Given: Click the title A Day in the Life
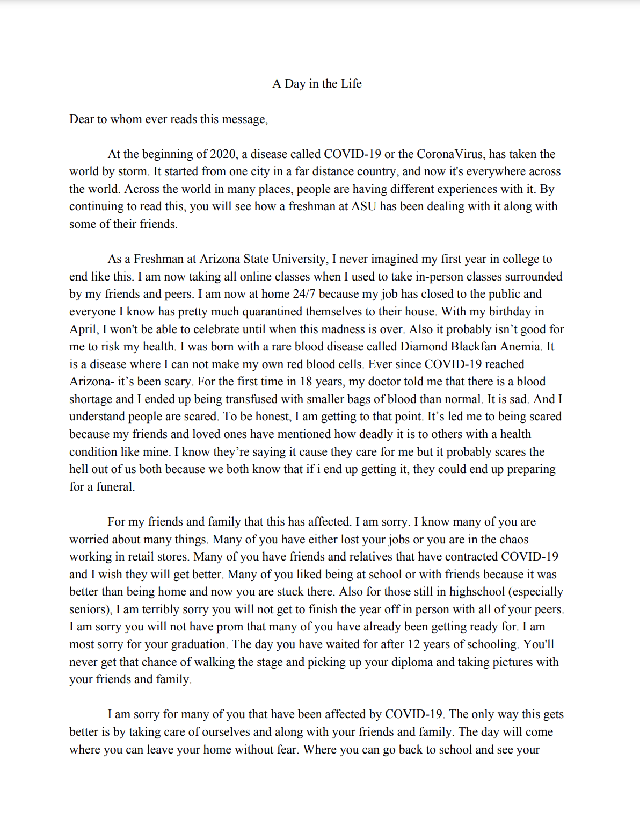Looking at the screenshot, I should coord(317,84).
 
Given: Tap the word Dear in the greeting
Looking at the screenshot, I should coord(82,119).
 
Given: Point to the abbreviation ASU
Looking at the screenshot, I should coord(363,206).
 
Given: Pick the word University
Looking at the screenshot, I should coord(300,259).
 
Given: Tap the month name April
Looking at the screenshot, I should coord(83,329).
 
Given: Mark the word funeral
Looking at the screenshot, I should coord(114,487).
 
